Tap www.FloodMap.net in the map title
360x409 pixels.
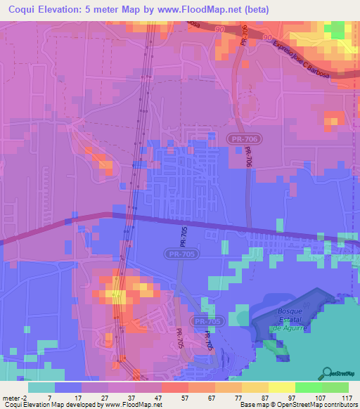(x=229, y=9)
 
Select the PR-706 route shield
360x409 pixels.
(x=241, y=141)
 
